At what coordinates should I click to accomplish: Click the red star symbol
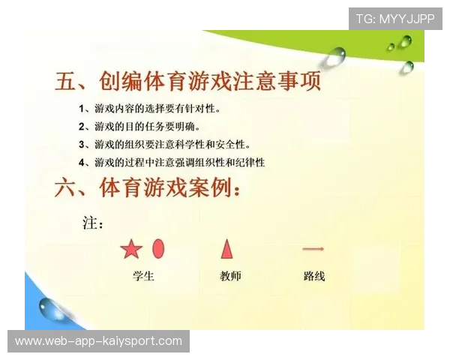pos(130,248)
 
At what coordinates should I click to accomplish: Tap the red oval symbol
pos(158,247)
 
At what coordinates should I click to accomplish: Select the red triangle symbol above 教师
pos(226,247)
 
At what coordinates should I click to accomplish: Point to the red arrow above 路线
pos(313,248)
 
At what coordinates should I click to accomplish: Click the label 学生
pos(143,276)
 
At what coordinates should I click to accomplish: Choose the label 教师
pos(230,276)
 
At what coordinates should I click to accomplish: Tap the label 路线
pos(314,276)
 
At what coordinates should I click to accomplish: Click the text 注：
pos(92,223)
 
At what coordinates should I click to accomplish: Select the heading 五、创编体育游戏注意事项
pos(188,81)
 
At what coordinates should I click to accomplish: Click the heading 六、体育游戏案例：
pos(148,187)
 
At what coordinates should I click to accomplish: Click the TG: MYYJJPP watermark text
pos(395,18)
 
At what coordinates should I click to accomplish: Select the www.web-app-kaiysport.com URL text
pos(98,341)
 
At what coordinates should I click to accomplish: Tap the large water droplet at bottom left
pos(51,307)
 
